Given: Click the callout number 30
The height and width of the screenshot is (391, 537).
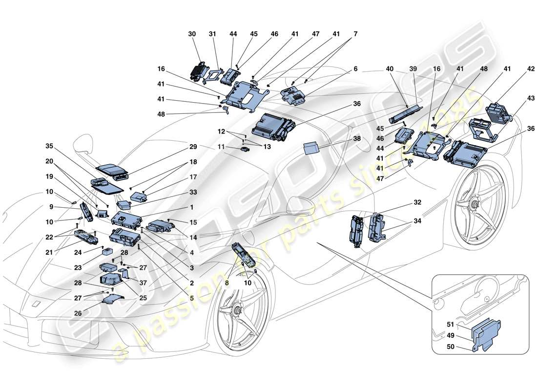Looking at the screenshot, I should click(x=191, y=34).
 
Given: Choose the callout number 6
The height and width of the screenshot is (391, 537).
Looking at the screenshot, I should click(x=355, y=69).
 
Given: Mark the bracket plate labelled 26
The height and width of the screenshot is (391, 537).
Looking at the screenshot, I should click(x=112, y=300).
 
